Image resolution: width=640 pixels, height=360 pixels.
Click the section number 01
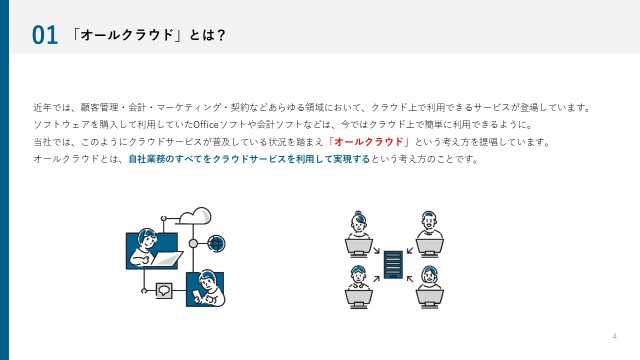click(x=45, y=35)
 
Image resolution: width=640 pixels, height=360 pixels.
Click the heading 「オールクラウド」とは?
click(x=148, y=35)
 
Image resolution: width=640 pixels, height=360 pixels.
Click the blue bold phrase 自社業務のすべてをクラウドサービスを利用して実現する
click(x=249, y=159)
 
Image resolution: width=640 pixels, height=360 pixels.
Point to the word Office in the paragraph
click(x=206, y=124)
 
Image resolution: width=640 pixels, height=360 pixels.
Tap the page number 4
click(x=615, y=336)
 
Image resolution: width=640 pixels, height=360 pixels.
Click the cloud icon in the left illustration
click(x=195, y=216)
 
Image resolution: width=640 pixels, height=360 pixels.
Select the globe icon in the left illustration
click(x=216, y=244)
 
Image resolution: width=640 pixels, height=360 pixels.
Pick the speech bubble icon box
click(x=164, y=291)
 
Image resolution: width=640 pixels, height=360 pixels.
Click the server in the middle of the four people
click(x=393, y=265)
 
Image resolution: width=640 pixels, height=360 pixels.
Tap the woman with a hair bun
click(x=358, y=224)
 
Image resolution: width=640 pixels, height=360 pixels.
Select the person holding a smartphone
click(x=206, y=289)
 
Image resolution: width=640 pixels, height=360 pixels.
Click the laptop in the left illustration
click(x=167, y=258)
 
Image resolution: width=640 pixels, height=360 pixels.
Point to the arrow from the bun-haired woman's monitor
click(x=376, y=250)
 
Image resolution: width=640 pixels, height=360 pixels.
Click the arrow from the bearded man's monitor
click(x=410, y=250)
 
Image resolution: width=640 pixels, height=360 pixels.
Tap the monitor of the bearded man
click(x=430, y=248)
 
